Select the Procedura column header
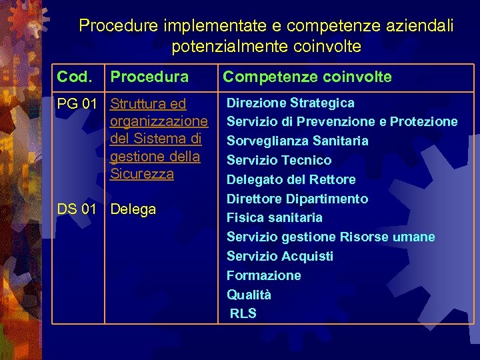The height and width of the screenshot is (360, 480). (x=149, y=77)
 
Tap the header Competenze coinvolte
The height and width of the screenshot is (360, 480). (x=307, y=77)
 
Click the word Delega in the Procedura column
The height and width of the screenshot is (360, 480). (x=133, y=209)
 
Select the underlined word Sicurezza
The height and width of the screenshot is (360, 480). (x=142, y=174)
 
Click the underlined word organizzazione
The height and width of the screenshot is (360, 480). (x=159, y=122)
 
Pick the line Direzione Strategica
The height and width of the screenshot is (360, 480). (x=291, y=103)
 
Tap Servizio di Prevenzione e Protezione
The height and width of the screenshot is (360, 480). (x=342, y=122)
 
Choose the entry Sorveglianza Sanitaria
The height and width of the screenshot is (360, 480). (x=297, y=141)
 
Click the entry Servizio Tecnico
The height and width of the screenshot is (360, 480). (x=279, y=161)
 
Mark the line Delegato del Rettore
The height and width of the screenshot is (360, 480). (x=291, y=180)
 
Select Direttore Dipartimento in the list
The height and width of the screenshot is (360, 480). (x=297, y=199)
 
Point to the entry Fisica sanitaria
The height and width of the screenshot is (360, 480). (x=275, y=218)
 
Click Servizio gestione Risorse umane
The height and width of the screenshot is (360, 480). (x=331, y=237)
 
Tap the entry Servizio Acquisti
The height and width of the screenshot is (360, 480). (x=280, y=257)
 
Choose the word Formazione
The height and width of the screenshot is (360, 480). (x=264, y=276)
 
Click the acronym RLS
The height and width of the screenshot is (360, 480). (x=243, y=314)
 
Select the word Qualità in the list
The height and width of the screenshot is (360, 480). (x=249, y=295)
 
